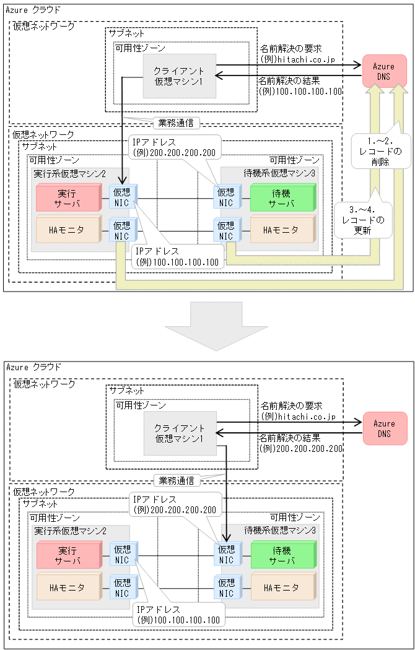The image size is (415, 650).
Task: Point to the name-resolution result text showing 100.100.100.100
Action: pos(300,91)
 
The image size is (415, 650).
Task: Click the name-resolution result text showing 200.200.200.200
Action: pos(300,448)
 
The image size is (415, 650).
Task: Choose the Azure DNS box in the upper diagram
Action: pos(384,71)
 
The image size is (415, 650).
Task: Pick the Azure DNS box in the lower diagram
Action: pos(384,428)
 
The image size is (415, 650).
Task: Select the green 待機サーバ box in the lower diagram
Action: pos(282,555)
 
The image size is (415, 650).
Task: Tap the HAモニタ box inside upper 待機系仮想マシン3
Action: pos(281,230)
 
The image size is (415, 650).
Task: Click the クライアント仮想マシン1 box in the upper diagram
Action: pos(180,76)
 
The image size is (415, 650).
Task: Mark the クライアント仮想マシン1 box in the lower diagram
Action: pos(180,433)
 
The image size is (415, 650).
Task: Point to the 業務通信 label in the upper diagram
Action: pos(177,123)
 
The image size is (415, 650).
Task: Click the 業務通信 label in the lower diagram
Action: pos(177,480)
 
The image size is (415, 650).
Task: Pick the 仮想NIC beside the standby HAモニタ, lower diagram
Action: pos(226,587)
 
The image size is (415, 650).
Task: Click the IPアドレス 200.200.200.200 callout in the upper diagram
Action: pos(174,147)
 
